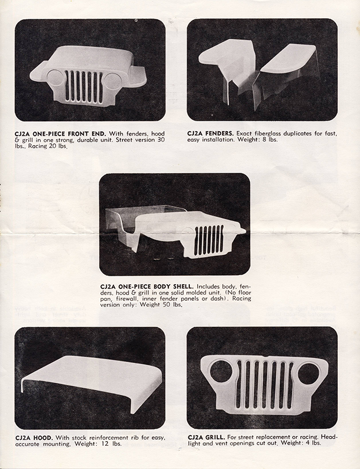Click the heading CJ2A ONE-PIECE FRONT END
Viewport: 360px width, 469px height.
(x=60, y=133)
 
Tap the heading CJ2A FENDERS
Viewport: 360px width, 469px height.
(x=210, y=133)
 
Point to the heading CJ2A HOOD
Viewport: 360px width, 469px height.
(x=34, y=438)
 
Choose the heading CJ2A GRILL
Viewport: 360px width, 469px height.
(x=207, y=437)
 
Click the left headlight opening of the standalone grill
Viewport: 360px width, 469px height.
(x=221, y=372)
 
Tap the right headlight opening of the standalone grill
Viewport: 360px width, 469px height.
(x=309, y=374)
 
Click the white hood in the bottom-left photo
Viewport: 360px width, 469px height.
(x=91, y=378)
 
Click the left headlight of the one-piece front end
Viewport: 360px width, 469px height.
(x=56, y=78)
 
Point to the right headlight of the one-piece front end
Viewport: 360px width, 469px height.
(x=112, y=81)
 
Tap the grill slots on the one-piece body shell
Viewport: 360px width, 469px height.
(x=209, y=240)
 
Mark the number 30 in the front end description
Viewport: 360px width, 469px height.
(x=161, y=140)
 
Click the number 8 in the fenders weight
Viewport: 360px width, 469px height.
(x=266, y=140)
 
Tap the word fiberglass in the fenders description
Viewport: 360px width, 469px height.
(x=268, y=133)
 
